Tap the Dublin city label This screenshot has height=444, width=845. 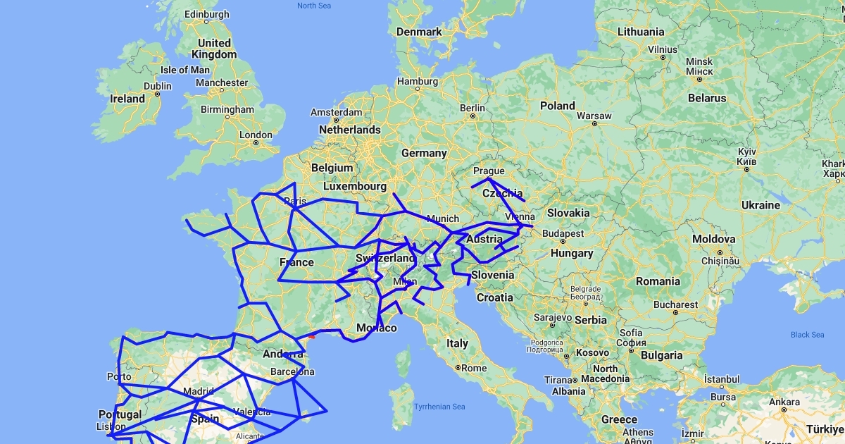pyautogui.click(x=157, y=86)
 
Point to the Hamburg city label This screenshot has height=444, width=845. pyautogui.click(x=418, y=81)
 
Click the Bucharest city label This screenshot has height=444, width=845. pyautogui.click(x=674, y=304)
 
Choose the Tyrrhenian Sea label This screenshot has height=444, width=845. pyautogui.click(x=439, y=407)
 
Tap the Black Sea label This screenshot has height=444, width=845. pyautogui.click(x=807, y=335)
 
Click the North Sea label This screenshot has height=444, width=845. pyautogui.click(x=314, y=6)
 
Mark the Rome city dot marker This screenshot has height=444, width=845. pyautogui.click(x=458, y=367)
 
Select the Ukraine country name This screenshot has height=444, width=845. pyautogui.click(x=760, y=205)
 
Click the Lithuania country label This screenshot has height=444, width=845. pyautogui.click(x=640, y=32)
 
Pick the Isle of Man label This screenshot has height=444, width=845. pyautogui.click(x=185, y=70)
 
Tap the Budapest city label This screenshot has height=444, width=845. pyautogui.click(x=563, y=233)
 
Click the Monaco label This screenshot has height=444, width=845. pyautogui.click(x=377, y=328)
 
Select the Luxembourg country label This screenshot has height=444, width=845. pyautogui.click(x=355, y=187)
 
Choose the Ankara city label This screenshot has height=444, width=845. pyautogui.click(x=784, y=402)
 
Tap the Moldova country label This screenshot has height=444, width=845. pyautogui.click(x=713, y=240)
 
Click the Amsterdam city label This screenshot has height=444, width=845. pyautogui.click(x=337, y=113)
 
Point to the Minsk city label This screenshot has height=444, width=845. pyautogui.click(x=699, y=61)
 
